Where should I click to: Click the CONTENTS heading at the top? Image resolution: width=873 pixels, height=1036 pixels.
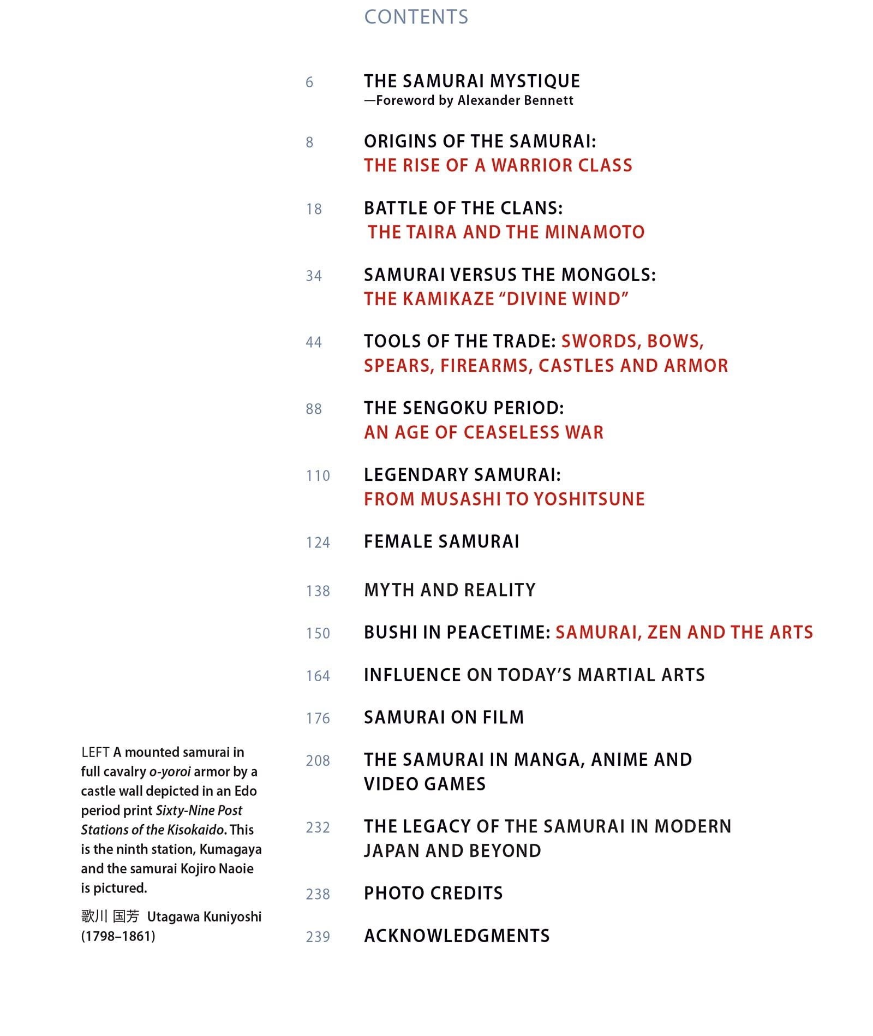click(x=416, y=17)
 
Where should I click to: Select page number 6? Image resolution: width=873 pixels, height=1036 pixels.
click(x=309, y=82)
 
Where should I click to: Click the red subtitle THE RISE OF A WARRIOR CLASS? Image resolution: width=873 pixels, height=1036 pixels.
click(x=498, y=165)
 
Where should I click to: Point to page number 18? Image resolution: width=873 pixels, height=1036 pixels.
click(x=314, y=209)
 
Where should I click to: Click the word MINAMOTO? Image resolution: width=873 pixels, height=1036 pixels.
click(x=594, y=233)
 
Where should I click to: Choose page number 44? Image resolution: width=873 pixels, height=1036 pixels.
click(x=314, y=342)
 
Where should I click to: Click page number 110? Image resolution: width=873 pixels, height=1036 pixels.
click(x=318, y=476)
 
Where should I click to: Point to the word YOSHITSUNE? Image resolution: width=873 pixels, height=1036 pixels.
click(x=589, y=499)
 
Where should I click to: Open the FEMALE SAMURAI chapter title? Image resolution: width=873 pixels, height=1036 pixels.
click(x=441, y=542)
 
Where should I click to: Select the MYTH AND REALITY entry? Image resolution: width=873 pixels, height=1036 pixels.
click(x=450, y=590)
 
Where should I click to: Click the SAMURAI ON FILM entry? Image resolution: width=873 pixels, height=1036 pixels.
click(x=444, y=717)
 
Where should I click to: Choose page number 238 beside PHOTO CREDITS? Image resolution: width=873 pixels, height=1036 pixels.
click(x=318, y=894)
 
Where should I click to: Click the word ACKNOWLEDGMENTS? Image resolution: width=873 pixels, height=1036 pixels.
click(x=457, y=936)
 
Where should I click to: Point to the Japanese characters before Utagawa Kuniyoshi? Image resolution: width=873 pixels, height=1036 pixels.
click(x=110, y=916)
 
